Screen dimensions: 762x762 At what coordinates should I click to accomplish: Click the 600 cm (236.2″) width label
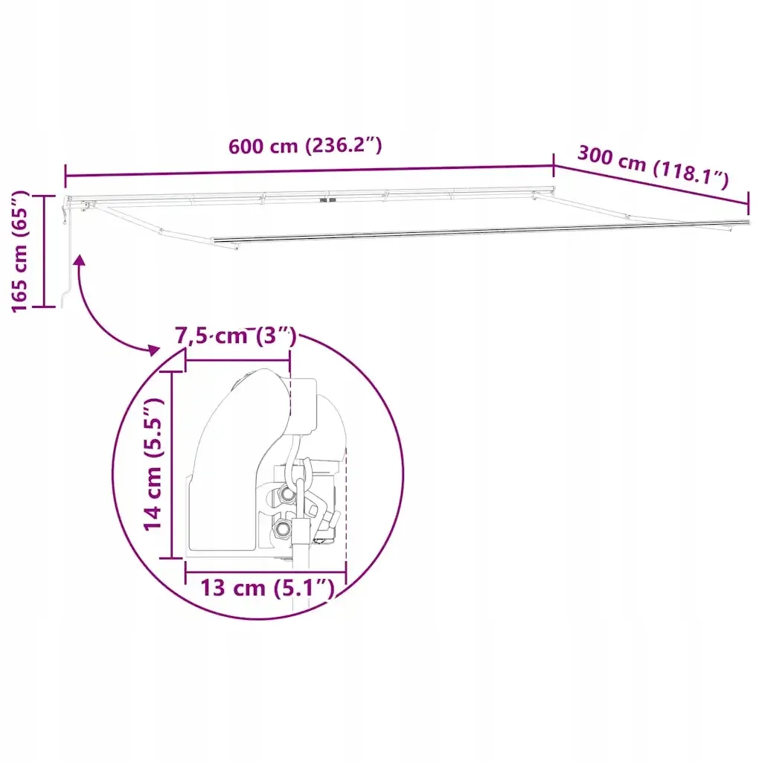pyautogui.click(x=305, y=145)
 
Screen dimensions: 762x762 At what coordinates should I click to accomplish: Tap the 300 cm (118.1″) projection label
pyautogui.click(x=653, y=166)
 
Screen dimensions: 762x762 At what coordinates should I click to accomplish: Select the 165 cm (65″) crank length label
pyautogui.click(x=20, y=252)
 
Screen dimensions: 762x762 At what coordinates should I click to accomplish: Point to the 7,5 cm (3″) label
pyautogui.click(x=236, y=336)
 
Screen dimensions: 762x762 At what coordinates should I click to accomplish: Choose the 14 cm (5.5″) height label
pyautogui.click(x=153, y=464)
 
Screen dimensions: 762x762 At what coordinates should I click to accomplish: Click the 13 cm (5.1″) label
pyautogui.click(x=267, y=588)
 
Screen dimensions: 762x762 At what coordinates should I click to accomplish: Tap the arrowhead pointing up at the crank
pyautogui.click(x=79, y=260)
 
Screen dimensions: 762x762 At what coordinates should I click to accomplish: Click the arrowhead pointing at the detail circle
pyautogui.click(x=153, y=350)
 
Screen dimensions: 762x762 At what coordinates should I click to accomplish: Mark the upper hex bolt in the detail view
pyautogui.click(x=286, y=495)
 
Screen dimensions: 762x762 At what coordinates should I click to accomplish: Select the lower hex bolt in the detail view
pyautogui.click(x=282, y=528)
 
